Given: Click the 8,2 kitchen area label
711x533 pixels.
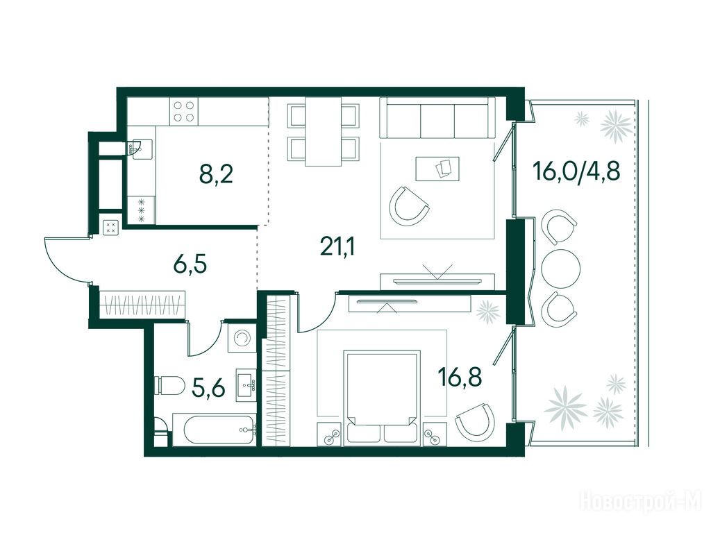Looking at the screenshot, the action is [217, 174].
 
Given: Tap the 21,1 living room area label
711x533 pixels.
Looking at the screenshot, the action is [337, 246].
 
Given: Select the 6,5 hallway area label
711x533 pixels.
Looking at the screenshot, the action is [190, 264].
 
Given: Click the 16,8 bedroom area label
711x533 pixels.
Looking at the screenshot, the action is [460, 377].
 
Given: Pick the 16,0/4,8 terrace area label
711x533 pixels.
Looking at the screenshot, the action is [576, 171].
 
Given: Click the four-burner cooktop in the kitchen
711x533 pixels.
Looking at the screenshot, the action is [183, 112].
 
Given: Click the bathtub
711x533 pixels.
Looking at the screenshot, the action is [215, 429].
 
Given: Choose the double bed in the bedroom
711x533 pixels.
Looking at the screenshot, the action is [382, 396].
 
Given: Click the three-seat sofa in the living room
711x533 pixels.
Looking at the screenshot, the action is [437, 118].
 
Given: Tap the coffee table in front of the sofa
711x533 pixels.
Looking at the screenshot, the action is [437, 169].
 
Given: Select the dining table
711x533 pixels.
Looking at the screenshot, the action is [324, 132].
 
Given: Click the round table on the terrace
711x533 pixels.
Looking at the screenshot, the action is [561, 269].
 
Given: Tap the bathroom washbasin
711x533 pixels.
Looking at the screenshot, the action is [246, 385].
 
